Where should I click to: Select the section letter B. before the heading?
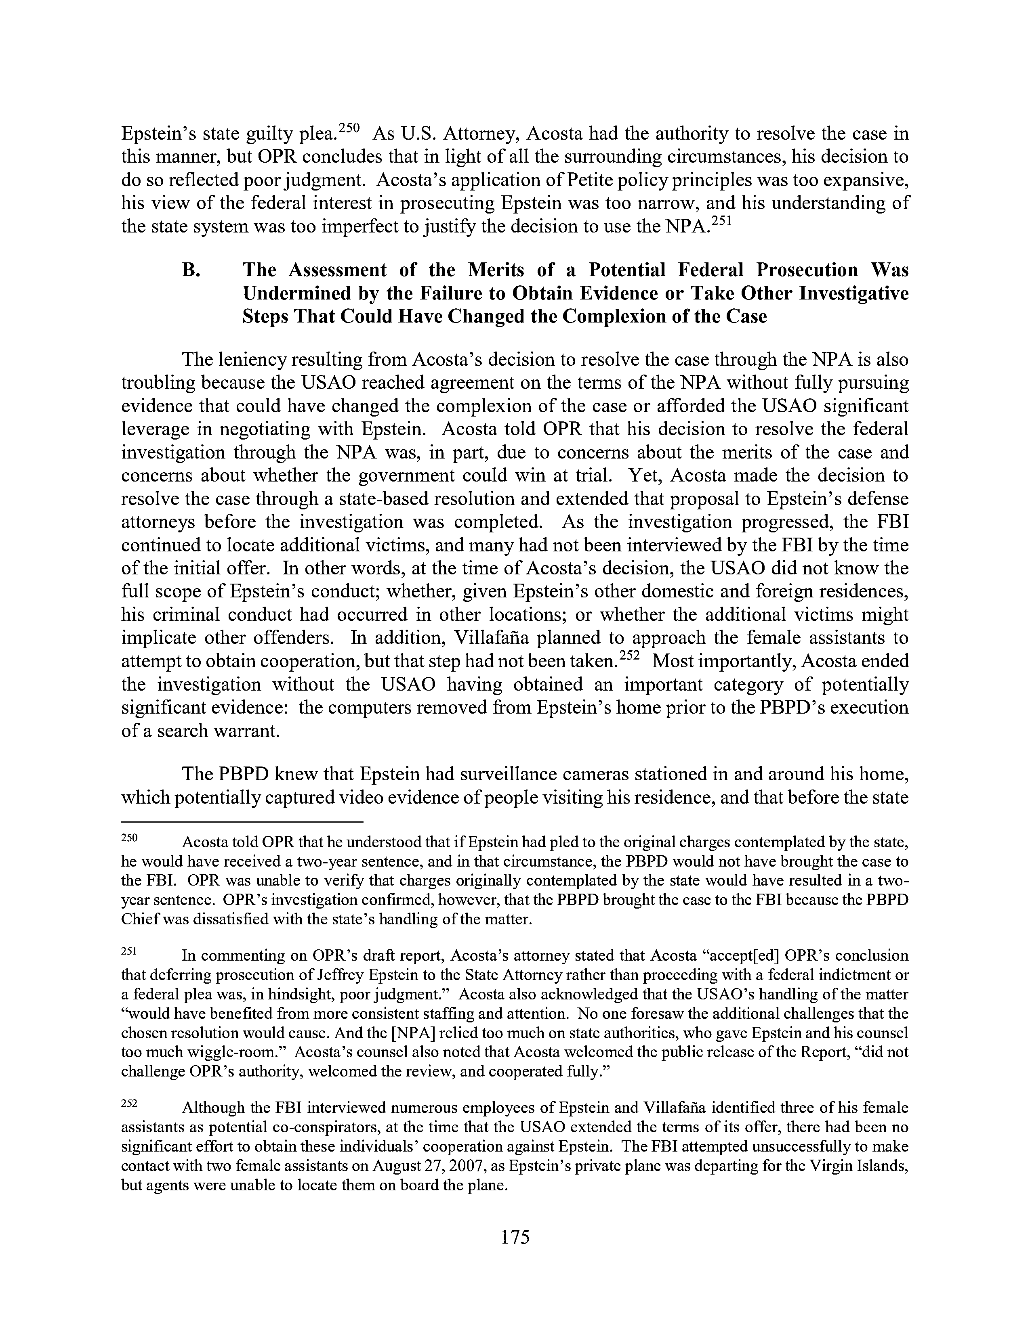(x=191, y=270)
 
